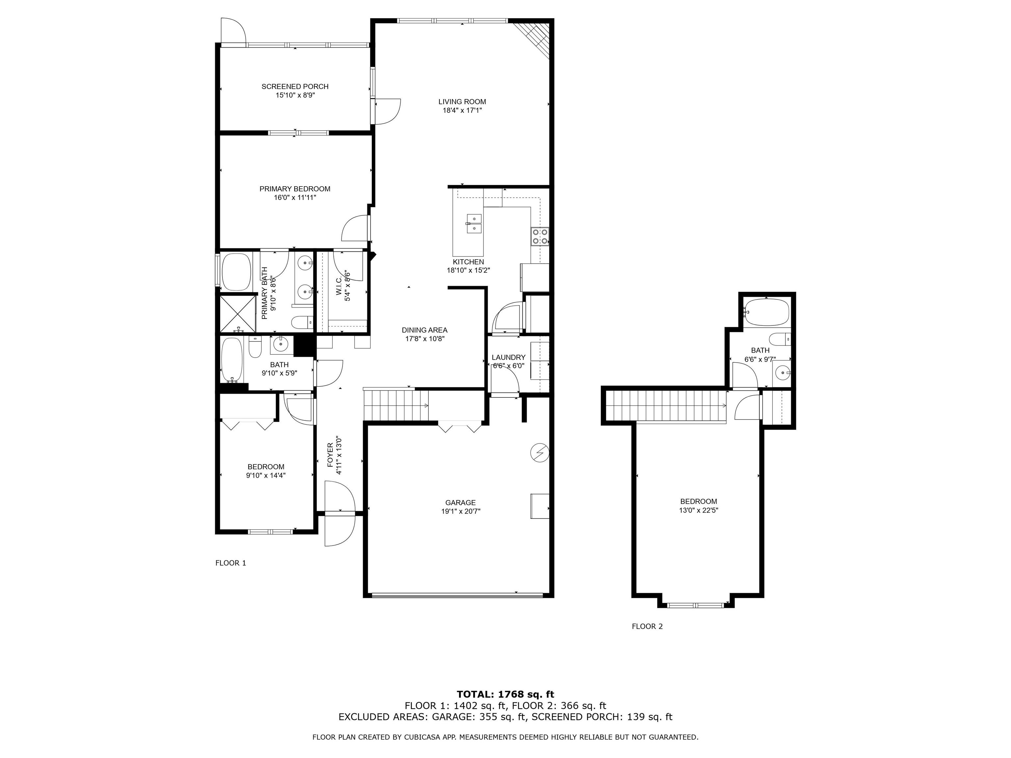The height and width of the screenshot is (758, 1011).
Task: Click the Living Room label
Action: (462, 102)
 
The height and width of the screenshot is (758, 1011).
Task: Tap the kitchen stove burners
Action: (540, 236)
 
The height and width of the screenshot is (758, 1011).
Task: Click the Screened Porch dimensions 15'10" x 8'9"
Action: (295, 95)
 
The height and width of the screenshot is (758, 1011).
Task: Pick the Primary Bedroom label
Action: (295, 189)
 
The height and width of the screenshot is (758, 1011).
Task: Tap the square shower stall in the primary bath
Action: (238, 314)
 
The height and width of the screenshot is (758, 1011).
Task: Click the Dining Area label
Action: (425, 330)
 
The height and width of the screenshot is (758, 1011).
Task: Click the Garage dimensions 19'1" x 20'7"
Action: (461, 512)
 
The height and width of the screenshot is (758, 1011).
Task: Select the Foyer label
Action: (330, 455)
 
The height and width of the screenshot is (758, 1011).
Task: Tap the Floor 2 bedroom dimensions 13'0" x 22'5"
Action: (699, 510)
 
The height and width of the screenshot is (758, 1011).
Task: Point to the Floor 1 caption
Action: (231, 563)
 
